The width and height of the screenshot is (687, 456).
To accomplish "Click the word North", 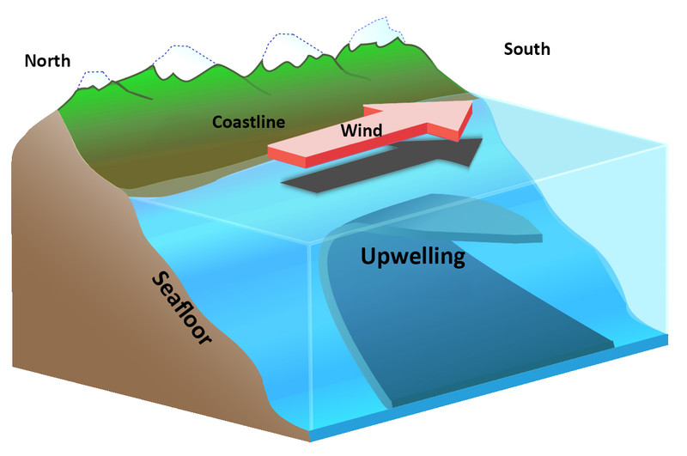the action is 47,61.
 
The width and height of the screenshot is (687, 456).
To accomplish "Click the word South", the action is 526,49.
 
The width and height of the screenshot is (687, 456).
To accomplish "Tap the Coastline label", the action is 248,122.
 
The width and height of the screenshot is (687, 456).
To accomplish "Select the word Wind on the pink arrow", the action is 362,130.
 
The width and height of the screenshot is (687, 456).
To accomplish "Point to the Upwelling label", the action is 413,257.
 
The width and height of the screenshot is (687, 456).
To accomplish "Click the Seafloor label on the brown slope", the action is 181,308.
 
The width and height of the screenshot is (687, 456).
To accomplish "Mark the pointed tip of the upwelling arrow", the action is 542,238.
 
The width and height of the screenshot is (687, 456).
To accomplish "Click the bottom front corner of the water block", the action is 310,441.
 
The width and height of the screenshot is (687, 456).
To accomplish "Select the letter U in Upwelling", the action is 368,256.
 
